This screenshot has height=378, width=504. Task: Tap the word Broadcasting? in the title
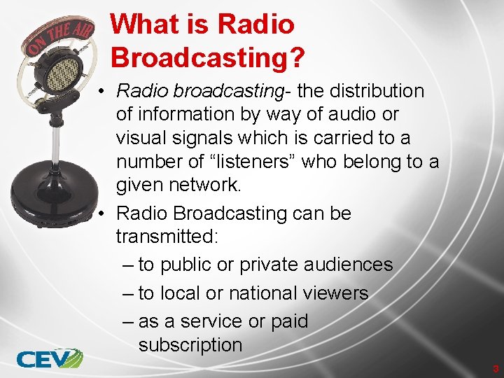click(207, 58)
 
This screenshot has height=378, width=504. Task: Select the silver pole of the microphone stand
click(55, 143)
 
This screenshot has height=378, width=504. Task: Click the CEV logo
click(49, 358)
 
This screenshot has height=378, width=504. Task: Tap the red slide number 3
click(495, 368)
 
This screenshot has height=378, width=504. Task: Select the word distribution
click(379, 91)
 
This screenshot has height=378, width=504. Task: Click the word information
click(182, 115)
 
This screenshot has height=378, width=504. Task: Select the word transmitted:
click(168, 237)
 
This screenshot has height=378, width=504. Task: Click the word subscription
click(190, 344)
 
